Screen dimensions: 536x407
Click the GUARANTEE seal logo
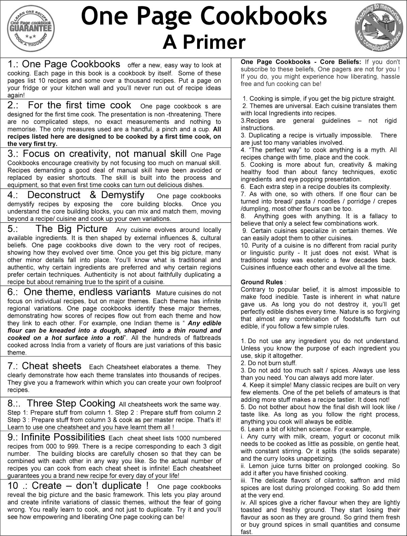click(x=31, y=28)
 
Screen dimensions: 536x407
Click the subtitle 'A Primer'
click(x=204, y=43)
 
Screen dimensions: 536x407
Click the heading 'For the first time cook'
click(x=79, y=105)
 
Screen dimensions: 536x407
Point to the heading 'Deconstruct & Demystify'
click(x=86, y=195)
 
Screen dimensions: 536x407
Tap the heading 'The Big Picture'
click(x=71, y=229)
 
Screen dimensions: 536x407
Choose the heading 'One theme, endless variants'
click(x=87, y=292)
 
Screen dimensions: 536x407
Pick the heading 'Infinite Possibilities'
click(x=63, y=437)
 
